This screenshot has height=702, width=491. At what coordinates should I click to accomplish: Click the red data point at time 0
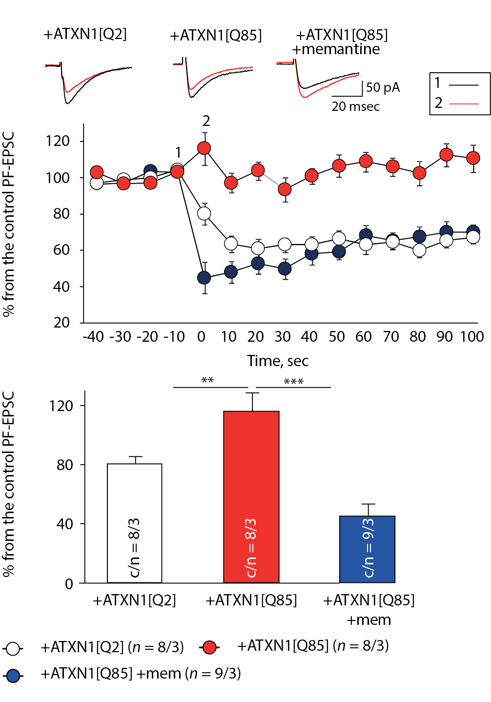[x=204, y=148]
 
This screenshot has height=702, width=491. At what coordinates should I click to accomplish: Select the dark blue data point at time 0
[x=204, y=278]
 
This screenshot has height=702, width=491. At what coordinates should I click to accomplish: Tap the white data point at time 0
[x=204, y=213]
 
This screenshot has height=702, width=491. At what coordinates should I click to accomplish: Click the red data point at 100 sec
[x=473, y=158]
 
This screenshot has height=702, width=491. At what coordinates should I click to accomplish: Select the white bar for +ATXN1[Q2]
[x=135, y=523]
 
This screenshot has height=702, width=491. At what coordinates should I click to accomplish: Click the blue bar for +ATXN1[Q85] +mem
[x=368, y=549]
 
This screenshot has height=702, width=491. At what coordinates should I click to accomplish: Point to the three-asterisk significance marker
[x=294, y=381]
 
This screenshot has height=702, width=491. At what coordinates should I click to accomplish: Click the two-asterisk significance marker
[x=207, y=380]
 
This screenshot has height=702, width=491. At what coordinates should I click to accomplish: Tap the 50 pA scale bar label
[x=383, y=87]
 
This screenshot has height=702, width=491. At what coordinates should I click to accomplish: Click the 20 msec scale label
[x=355, y=106]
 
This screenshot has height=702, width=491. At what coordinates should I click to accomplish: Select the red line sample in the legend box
[x=464, y=103]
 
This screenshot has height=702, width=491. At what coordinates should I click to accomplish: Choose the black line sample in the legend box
[x=464, y=85]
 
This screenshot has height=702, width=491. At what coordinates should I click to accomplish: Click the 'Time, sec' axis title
[x=278, y=361]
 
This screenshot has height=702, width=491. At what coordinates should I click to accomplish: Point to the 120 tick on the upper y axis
[x=58, y=141]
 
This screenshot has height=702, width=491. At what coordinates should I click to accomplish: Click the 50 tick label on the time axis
[x=337, y=337]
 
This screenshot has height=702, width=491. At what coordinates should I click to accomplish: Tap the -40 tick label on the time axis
[x=93, y=337]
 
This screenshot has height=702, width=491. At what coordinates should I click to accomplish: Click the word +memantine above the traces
[x=336, y=49]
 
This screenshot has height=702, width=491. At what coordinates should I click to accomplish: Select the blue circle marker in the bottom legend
[x=13, y=676]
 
